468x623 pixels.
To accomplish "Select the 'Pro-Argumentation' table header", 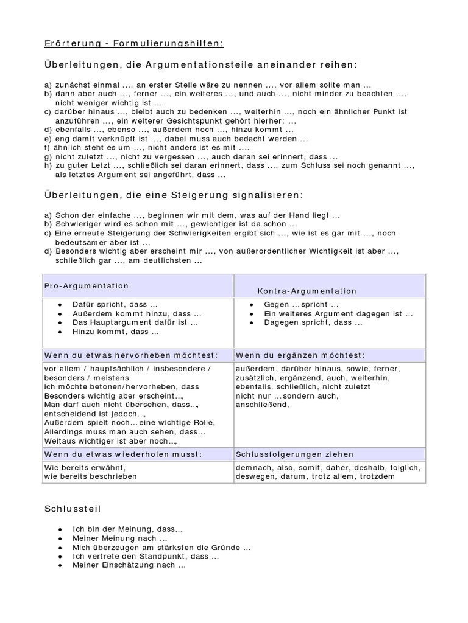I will [x=87, y=285].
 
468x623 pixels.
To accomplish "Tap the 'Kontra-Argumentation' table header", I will [x=307, y=291].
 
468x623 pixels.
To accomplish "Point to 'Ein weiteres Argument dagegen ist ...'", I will [x=338, y=313].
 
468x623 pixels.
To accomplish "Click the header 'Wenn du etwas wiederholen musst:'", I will [x=122, y=454].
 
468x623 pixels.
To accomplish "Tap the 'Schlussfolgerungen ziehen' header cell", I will [x=295, y=454].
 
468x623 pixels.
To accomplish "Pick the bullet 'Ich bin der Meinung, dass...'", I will [x=127, y=529].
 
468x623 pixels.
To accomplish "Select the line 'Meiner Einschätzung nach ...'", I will [x=129, y=565].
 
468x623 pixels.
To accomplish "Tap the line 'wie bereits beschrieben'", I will [x=90, y=476].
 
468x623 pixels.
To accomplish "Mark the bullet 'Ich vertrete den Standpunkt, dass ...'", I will [x=146, y=556].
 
